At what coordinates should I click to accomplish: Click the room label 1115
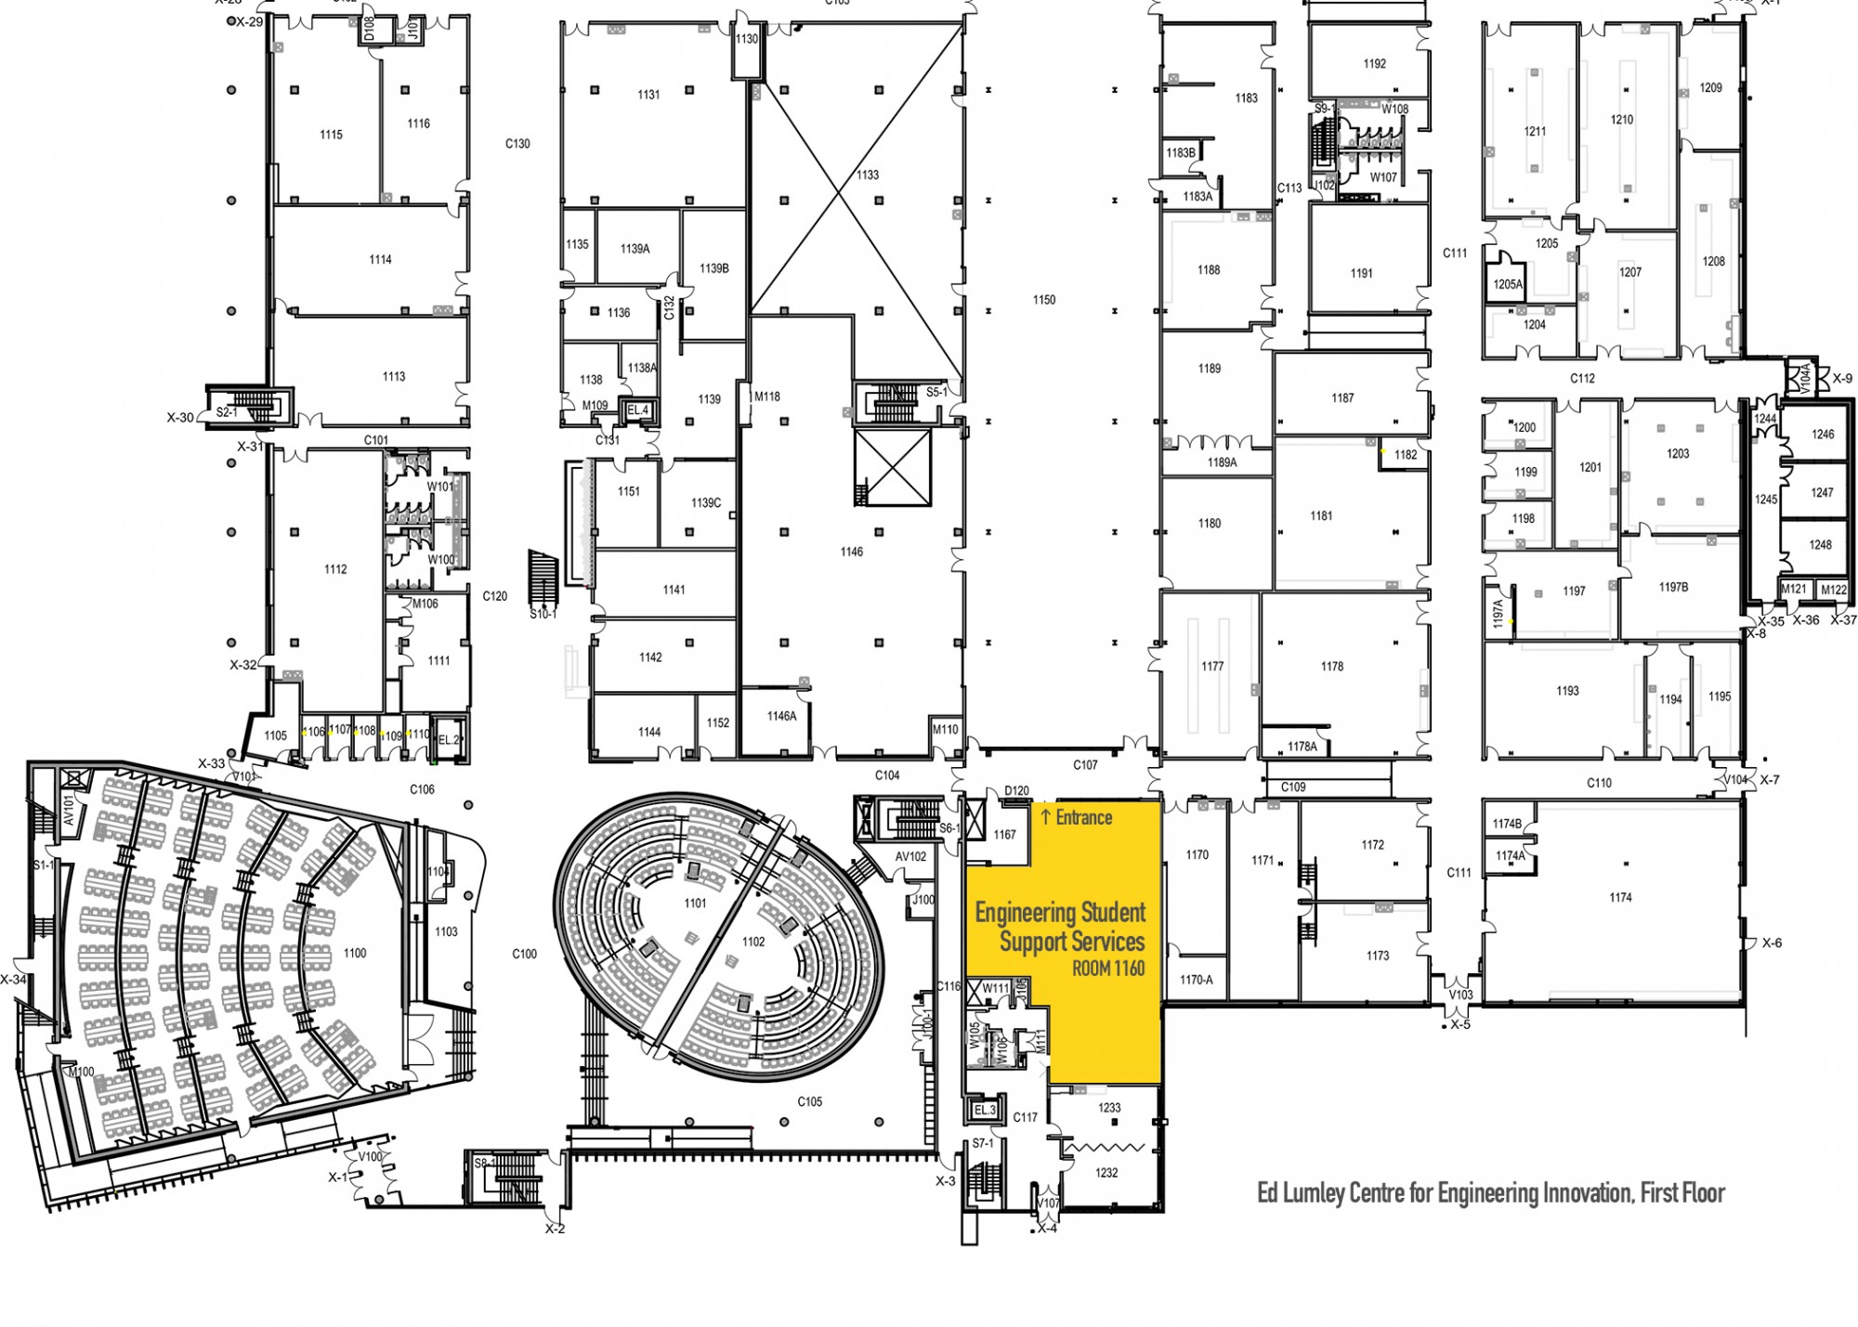point(331,135)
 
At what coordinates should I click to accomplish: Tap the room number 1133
point(867,175)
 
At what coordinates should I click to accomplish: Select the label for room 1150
point(1043,300)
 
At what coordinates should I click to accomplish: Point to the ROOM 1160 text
point(1107,969)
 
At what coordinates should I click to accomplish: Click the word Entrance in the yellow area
point(1083,817)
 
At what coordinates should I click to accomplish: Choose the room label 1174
point(1620,897)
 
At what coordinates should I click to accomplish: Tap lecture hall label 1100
point(354,953)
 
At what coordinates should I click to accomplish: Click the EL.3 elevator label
point(985,1110)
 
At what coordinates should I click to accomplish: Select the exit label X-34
point(13,979)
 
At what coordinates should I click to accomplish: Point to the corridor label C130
point(517,144)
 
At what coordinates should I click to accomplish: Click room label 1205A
point(1508,285)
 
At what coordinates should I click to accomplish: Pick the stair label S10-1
point(543,614)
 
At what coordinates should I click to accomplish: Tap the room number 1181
point(1320,515)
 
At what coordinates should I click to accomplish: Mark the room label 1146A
point(781,716)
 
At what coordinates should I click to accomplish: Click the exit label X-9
point(1841,379)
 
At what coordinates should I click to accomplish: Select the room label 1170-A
point(1197,980)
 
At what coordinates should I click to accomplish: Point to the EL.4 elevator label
point(637,410)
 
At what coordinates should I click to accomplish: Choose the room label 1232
point(1106,1173)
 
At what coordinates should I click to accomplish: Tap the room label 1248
point(1820,544)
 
